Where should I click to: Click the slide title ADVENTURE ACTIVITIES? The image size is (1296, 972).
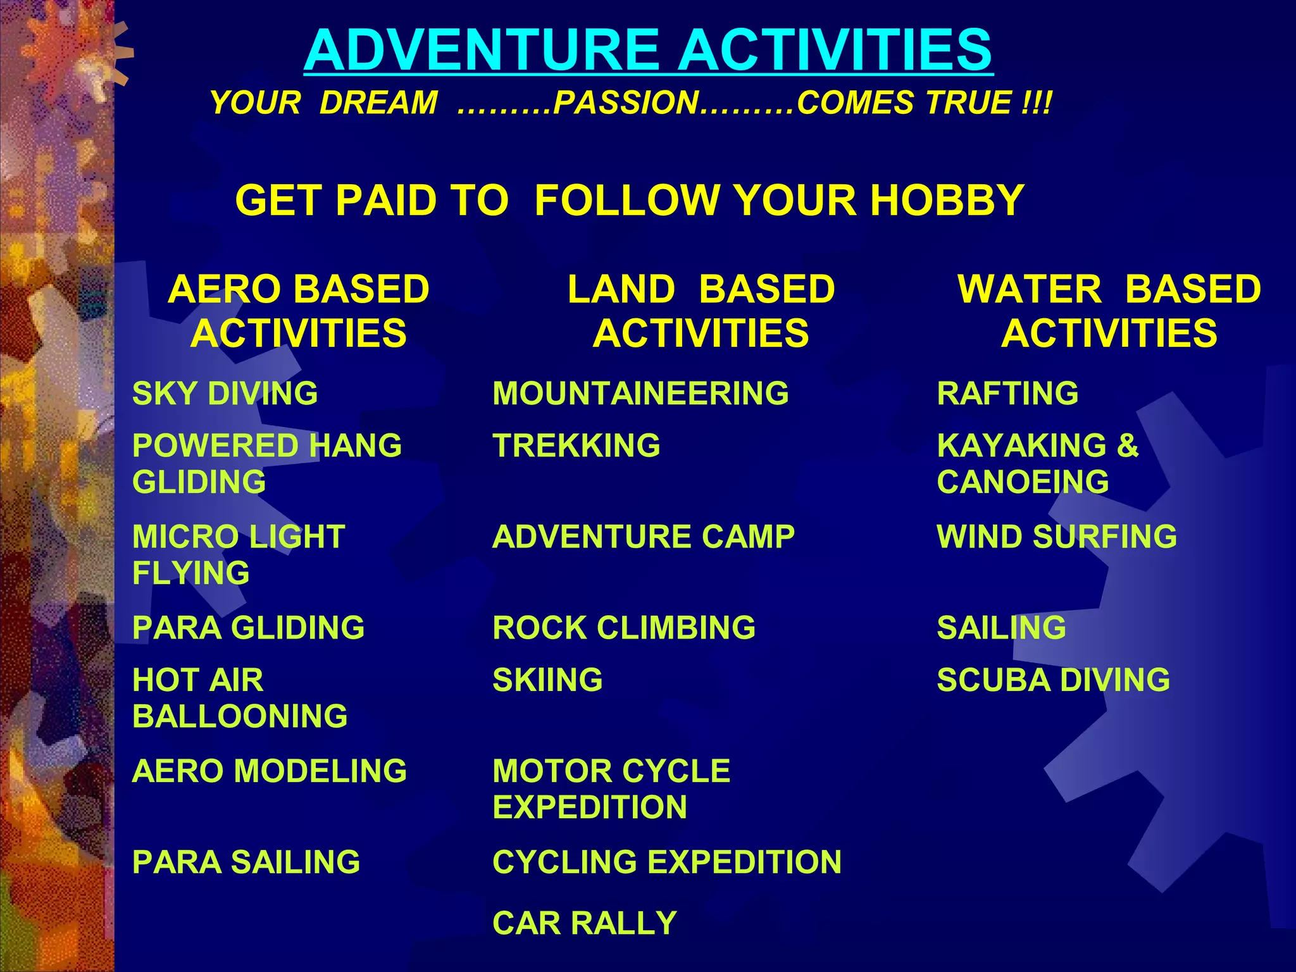click(648, 51)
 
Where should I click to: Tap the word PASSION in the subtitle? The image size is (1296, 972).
click(626, 103)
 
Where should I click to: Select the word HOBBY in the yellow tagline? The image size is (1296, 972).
click(947, 201)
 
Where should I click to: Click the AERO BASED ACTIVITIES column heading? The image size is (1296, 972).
click(299, 311)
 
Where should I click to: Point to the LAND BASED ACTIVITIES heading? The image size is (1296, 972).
click(701, 311)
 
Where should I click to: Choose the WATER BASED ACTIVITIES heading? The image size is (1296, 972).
click(1109, 311)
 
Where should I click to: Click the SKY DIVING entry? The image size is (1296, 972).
click(225, 394)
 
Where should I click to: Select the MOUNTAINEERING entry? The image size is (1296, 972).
click(640, 394)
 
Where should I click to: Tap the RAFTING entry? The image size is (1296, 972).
click(1007, 394)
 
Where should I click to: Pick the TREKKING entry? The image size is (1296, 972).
click(576, 445)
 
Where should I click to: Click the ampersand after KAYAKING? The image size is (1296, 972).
click(1128, 445)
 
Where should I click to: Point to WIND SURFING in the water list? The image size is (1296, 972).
click(1057, 537)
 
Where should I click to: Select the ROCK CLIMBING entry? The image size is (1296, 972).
click(624, 628)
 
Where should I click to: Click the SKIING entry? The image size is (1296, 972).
click(547, 680)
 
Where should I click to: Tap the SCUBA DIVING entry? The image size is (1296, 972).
click(1054, 680)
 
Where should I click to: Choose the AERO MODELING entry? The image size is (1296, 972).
click(270, 771)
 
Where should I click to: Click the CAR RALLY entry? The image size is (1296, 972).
click(585, 923)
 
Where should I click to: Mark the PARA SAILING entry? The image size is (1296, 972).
click(246, 863)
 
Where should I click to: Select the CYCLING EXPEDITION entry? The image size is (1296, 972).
click(667, 863)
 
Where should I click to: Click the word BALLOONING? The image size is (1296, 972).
click(240, 717)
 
